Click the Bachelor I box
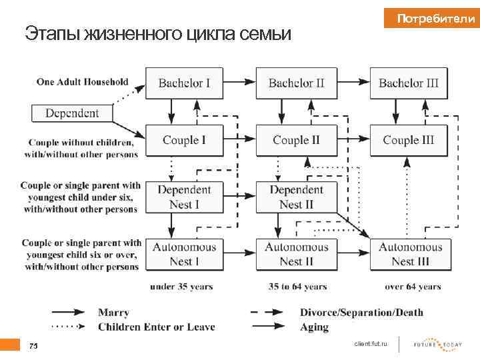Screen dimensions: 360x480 tap(184, 83)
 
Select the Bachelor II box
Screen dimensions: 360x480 tap(296, 83)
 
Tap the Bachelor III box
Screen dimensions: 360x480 tap(409, 83)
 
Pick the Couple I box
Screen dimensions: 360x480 tap(184, 140)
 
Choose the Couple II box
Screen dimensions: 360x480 tap(296, 140)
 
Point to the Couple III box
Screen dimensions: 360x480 tap(409, 140)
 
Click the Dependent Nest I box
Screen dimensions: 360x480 tap(184, 197)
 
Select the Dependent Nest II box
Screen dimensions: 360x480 tap(296, 197)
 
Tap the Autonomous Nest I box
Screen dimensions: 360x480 tap(184, 254)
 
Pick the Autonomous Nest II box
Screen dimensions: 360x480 tap(296, 254)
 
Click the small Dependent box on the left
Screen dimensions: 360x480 tap(72, 113)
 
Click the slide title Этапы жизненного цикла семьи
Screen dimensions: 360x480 tap(158, 33)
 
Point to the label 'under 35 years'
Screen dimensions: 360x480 tap(181, 287)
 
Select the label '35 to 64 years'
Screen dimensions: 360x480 tap(297, 287)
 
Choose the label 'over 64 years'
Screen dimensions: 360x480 tap(413, 287)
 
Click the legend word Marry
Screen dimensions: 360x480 tap(113, 312)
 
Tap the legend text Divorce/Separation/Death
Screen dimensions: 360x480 tap(361, 312)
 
